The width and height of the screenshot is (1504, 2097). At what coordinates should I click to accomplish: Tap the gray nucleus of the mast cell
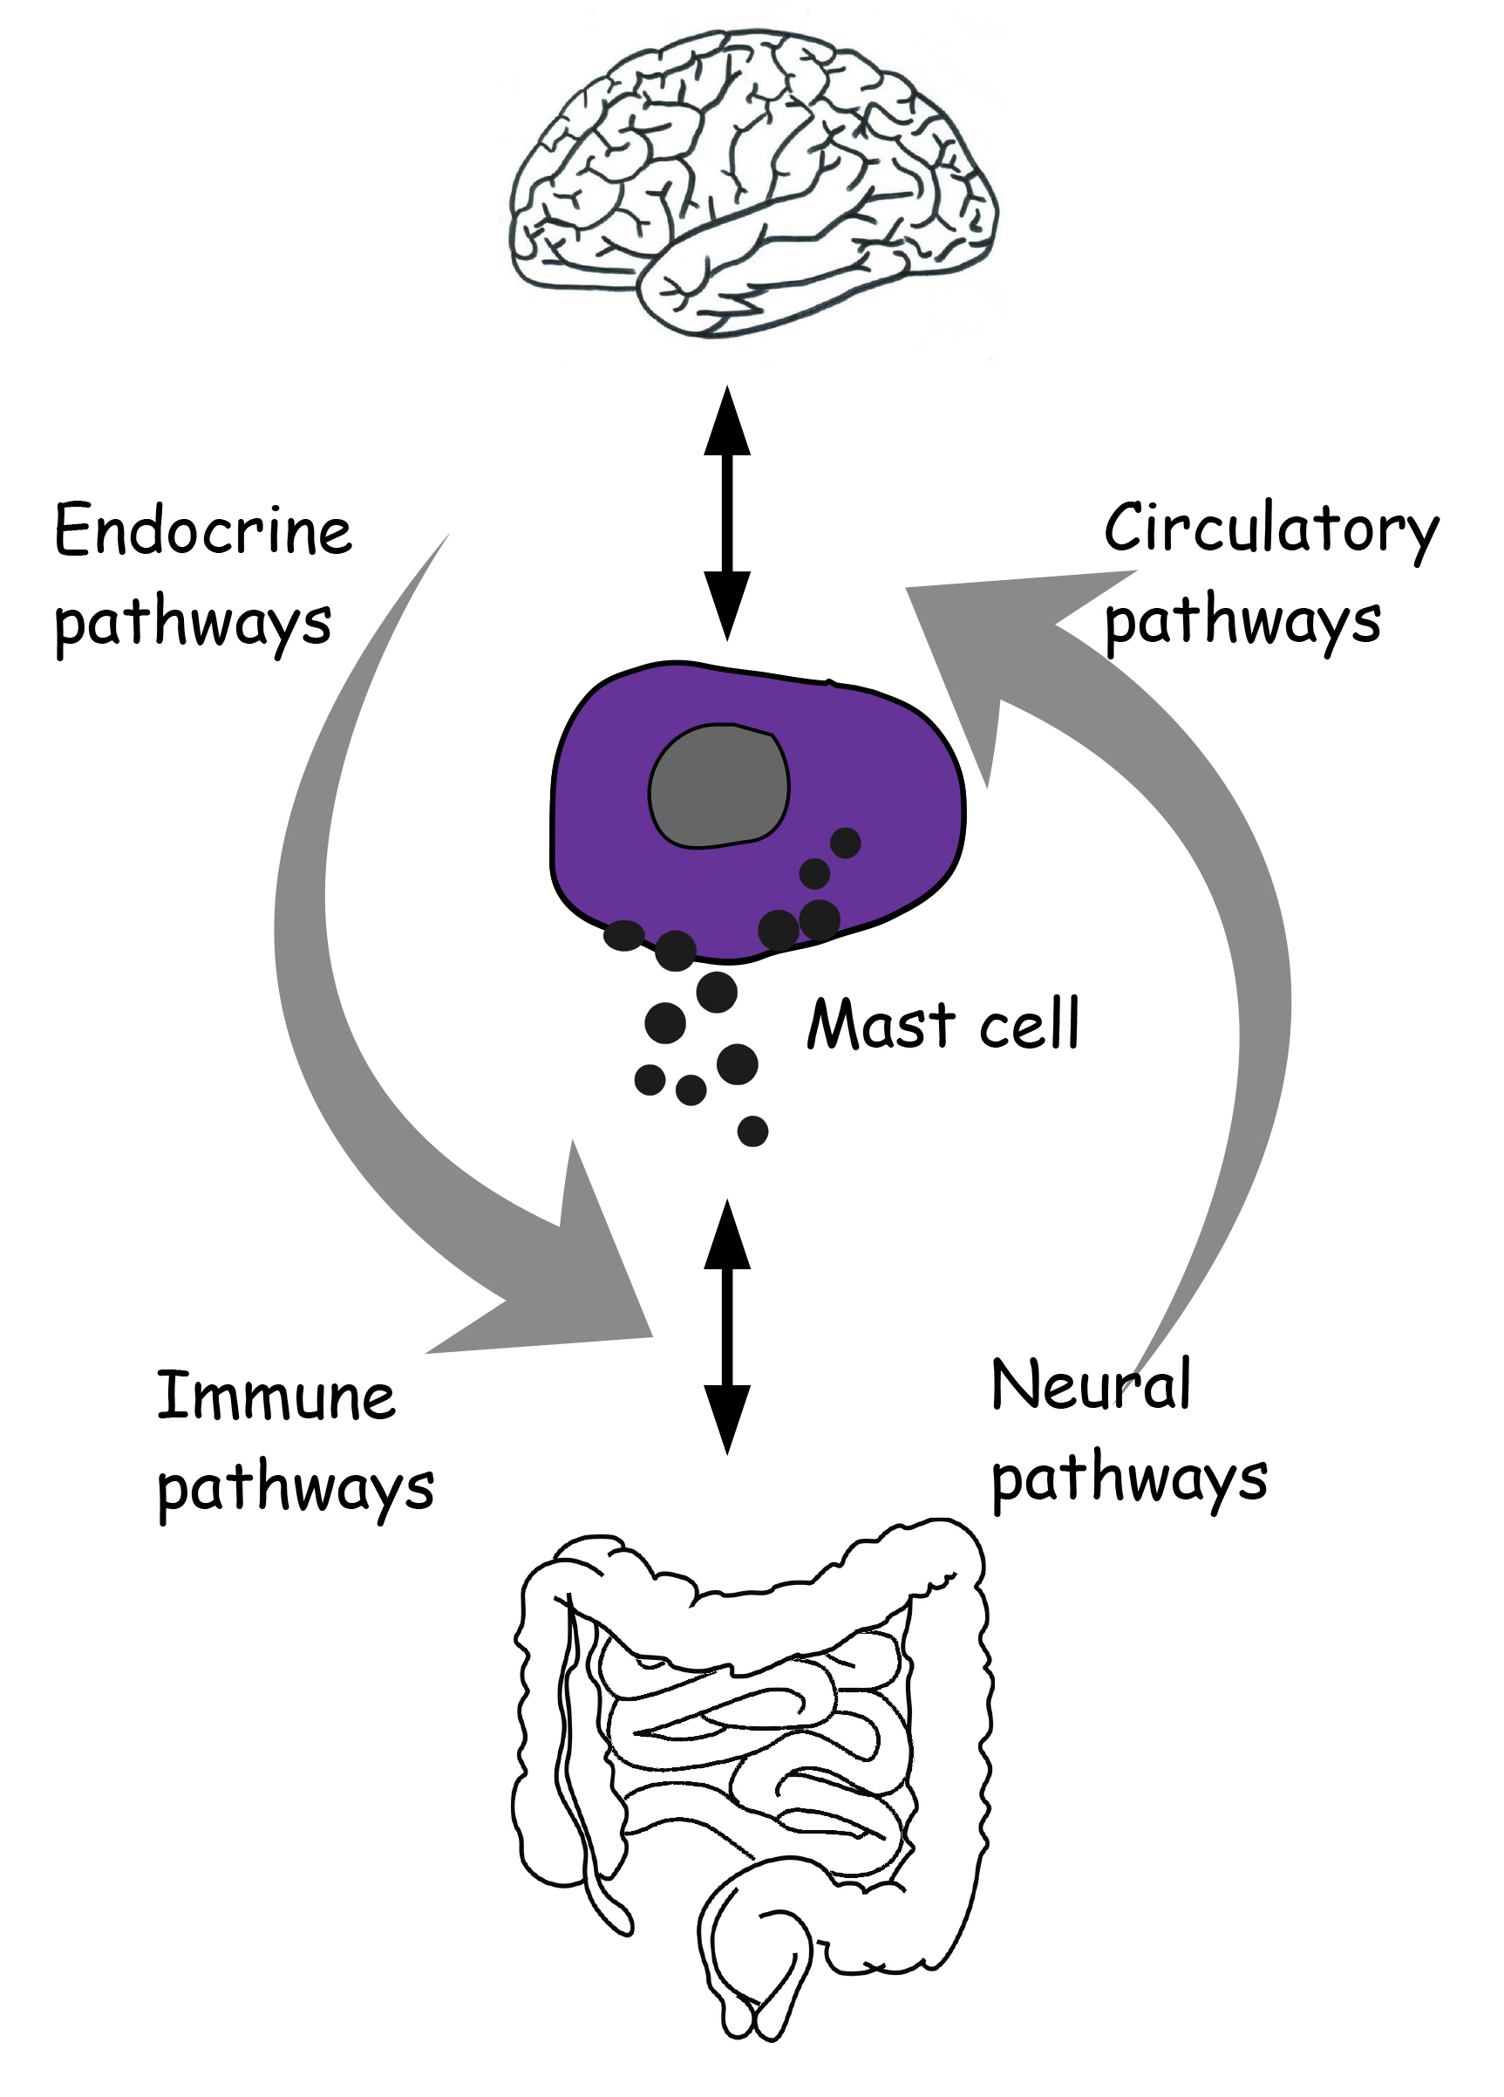[x=718, y=787]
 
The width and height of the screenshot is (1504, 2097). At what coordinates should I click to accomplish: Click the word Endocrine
[x=203, y=530]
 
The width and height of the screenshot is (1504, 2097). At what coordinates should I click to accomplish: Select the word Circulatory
[x=1271, y=529]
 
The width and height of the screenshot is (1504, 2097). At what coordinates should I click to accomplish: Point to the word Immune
[x=276, y=1397]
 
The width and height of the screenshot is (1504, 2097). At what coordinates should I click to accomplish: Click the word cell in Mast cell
[x=1029, y=1024]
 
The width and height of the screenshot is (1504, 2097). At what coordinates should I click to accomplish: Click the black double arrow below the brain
[x=727, y=513]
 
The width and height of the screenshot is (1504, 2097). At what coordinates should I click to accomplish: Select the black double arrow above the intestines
[x=727, y=1327]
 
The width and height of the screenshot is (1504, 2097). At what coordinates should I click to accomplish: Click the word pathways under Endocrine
[x=193, y=624]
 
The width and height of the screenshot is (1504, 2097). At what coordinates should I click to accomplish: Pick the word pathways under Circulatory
[x=1242, y=622]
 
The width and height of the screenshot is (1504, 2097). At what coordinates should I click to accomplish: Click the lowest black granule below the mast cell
[x=752, y=1130]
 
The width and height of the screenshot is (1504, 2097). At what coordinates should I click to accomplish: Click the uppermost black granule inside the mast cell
[x=845, y=843]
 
